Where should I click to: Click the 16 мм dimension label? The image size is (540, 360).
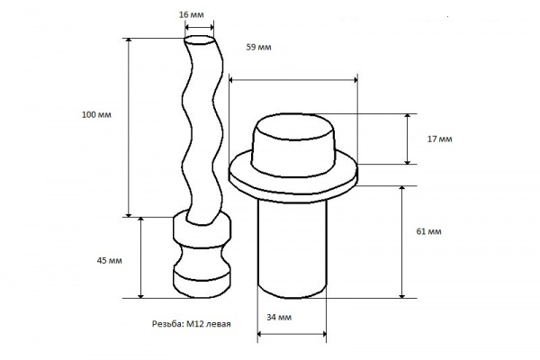tap(191, 14)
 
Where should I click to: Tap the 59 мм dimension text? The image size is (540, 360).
tap(258, 47)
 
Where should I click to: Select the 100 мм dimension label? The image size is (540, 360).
tap(96, 114)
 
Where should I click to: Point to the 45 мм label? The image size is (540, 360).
tap(110, 260)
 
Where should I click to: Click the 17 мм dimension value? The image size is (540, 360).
tap(440, 139)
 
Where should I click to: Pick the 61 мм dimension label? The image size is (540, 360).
tap(428, 231)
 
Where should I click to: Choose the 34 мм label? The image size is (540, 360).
tap(279, 318)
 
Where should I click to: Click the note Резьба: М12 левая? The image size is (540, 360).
tap(192, 324)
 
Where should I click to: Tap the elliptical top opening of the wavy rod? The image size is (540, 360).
tap(199, 40)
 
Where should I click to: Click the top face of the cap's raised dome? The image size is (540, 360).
tap(293, 127)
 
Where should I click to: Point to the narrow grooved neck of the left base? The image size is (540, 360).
tap(202, 258)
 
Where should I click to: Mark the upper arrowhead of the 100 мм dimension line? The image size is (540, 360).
tap(129, 41)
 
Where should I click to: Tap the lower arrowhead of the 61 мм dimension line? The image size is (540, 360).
tap(402, 294)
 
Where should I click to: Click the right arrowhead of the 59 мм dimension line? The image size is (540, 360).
tap(354, 80)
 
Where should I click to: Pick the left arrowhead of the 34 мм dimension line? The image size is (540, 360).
tap(261, 334)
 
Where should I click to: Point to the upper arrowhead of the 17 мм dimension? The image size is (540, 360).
tap(408, 117)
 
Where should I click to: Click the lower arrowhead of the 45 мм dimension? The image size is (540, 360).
tap(140, 294)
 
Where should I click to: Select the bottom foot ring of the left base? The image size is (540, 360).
tap(202, 283)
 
